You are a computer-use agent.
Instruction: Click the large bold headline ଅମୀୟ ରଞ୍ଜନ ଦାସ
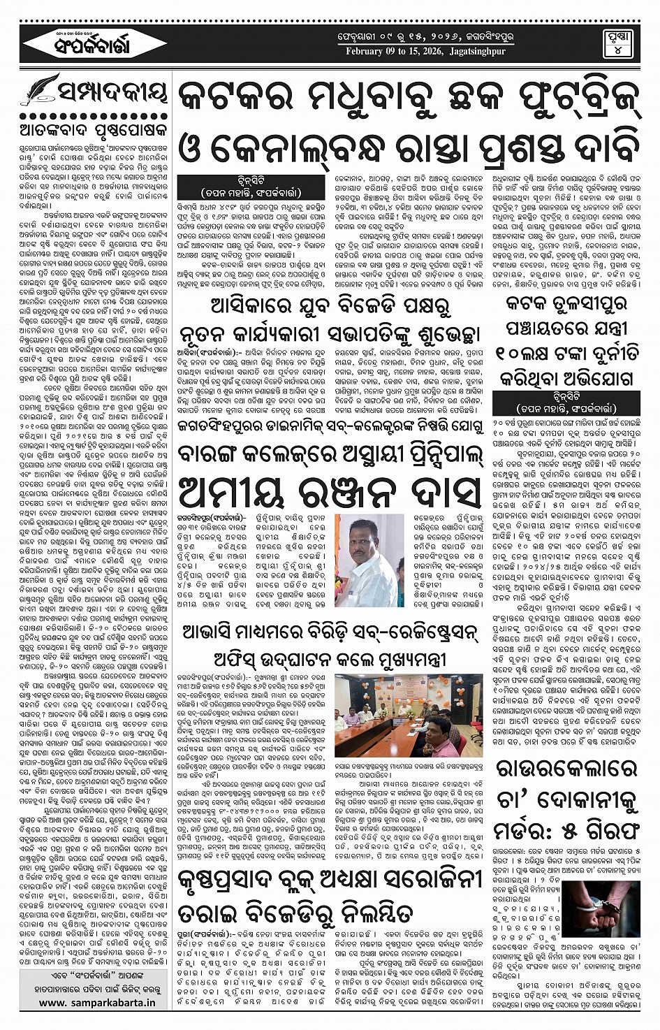[329, 492]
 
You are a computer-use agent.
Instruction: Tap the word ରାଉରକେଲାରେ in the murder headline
[567, 769]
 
